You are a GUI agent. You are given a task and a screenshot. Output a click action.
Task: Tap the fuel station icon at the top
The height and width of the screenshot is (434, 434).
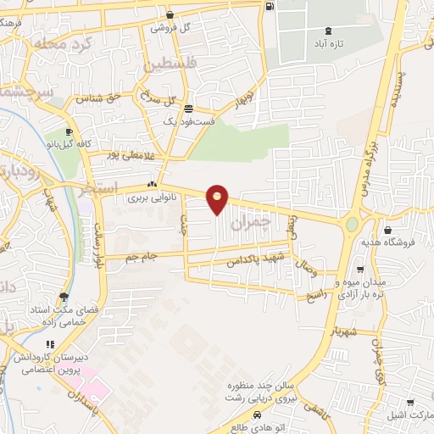[x=270, y=6]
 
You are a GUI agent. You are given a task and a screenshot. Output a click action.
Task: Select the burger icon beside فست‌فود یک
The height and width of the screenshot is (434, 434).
[x=187, y=108]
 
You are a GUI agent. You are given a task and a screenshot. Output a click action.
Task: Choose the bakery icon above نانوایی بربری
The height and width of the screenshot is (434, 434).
[x=152, y=185]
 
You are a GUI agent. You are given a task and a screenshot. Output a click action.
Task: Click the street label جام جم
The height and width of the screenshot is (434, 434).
[x=142, y=256]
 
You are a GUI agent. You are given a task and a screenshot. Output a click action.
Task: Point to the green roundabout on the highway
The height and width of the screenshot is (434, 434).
[x=350, y=225]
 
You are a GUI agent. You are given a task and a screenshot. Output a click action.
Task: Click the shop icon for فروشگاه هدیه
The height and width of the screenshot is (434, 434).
[x=387, y=230]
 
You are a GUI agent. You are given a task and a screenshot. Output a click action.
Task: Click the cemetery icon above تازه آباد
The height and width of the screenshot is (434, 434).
[x=328, y=31]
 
